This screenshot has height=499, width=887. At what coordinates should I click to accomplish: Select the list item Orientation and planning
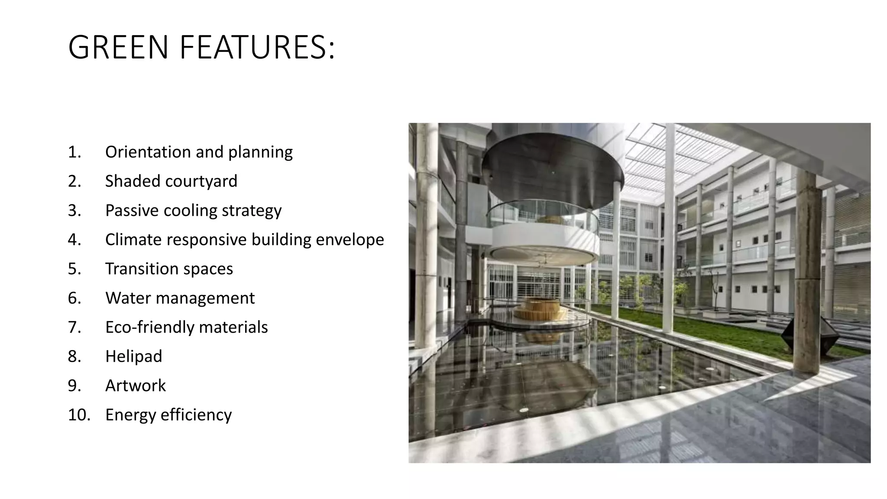pyautogui.click(x=199, y=152)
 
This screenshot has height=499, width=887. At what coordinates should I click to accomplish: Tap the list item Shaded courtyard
pyautogui.click(x=171, y=181)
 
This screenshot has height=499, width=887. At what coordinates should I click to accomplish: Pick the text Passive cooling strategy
pyautogui.click(x=193, y=211)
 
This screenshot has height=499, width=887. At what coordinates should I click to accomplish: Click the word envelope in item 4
pyautogui.click(x=350, y=240)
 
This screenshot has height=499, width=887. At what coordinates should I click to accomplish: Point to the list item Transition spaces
pyautogui.click(x=169, y=269)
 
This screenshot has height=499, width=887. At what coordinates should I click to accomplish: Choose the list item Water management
pyautogui.click(x=180, y=298)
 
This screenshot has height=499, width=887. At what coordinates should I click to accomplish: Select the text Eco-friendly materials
pyautogui.click(x=186, y=327)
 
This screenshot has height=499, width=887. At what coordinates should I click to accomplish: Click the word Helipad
pyautogui.click(x=133, y=356)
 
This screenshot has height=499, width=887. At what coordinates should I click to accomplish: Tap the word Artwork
pyautogui.click(x=135, y=386)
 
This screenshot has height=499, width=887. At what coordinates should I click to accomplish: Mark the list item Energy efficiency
pyautogui.click(x=168, y=415)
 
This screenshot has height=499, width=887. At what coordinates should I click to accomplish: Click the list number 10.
pyautogui.click(x=79, y=415)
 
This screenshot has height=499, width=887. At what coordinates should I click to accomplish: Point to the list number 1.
pyautogui.click(x=74, y=152)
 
